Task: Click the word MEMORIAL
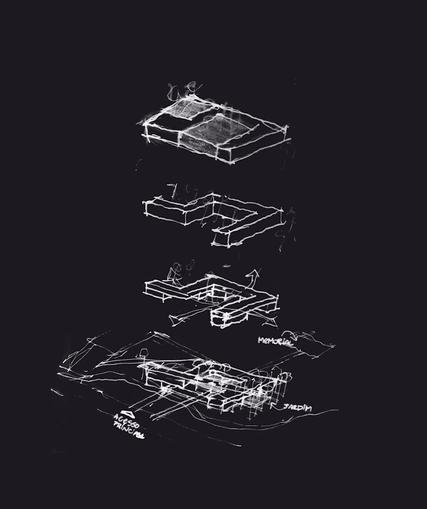click(275, 341)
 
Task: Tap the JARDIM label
click(297, 407)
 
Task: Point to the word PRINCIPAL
click(128, 430)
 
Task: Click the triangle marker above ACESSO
click(129, 413)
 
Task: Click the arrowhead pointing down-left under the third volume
click(177, 322)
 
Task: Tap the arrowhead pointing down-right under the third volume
click(272, 322)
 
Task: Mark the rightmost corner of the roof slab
click(287, 127)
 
